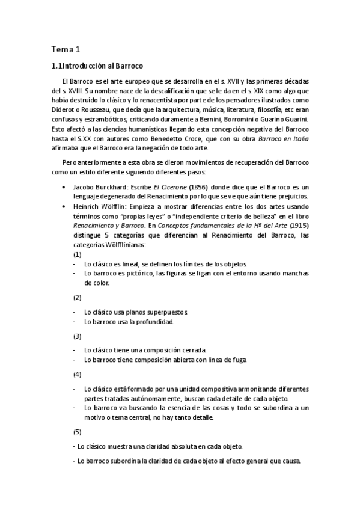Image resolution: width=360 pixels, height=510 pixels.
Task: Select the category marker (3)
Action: [x=77, y=336]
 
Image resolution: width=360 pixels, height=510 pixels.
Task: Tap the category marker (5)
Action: [x=77, y=432]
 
